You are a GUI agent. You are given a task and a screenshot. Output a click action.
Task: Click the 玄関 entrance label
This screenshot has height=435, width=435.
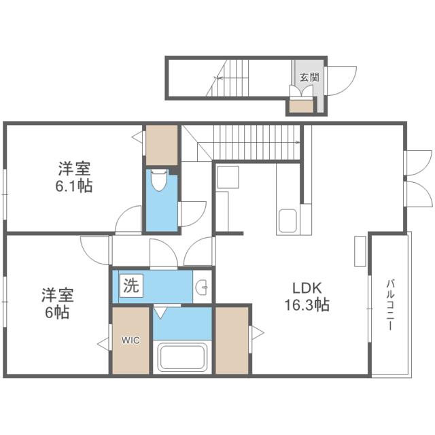click(x=309, y=77)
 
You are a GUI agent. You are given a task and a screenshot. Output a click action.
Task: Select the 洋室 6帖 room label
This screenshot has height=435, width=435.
click(x=57, y=303)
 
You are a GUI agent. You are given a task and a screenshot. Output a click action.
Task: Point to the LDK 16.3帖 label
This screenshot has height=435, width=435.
click(x=306, y=296)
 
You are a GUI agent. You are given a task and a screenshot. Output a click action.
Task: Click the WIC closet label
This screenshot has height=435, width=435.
click(x=131, y=340)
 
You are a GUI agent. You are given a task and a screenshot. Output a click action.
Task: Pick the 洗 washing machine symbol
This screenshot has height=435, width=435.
click(x=130, y=286)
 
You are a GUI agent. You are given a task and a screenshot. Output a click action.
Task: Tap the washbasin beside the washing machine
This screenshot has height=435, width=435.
click(x=202, y=288)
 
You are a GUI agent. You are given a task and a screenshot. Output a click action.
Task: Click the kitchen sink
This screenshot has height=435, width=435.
click(x=287, y=220)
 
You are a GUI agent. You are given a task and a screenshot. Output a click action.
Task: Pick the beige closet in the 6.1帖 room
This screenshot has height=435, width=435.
click(x=162, y=145)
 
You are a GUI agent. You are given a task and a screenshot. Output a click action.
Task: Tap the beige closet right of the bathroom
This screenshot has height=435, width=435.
click(x=231, y=340)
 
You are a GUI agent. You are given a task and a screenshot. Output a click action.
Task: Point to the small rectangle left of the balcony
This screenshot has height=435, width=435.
click(x=360, y=251)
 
